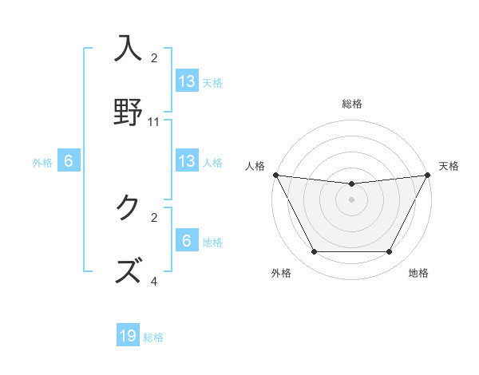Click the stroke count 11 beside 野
(154, 122)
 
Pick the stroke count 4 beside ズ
(154, 281)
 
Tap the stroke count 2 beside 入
(154, 57)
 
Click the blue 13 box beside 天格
(187, 81)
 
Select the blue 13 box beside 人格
(187, 161)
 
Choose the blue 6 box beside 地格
(187, 241)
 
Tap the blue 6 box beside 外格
(69, 161)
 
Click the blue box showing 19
(128, 336)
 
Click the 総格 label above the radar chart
(352, 104)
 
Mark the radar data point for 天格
(429, 175)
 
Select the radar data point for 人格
(275, 175)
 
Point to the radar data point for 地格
(390, 252)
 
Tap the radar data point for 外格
(314, 252)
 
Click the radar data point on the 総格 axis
(352, 184)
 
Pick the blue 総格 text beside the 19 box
(153, 337)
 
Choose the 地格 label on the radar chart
(418, 273)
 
